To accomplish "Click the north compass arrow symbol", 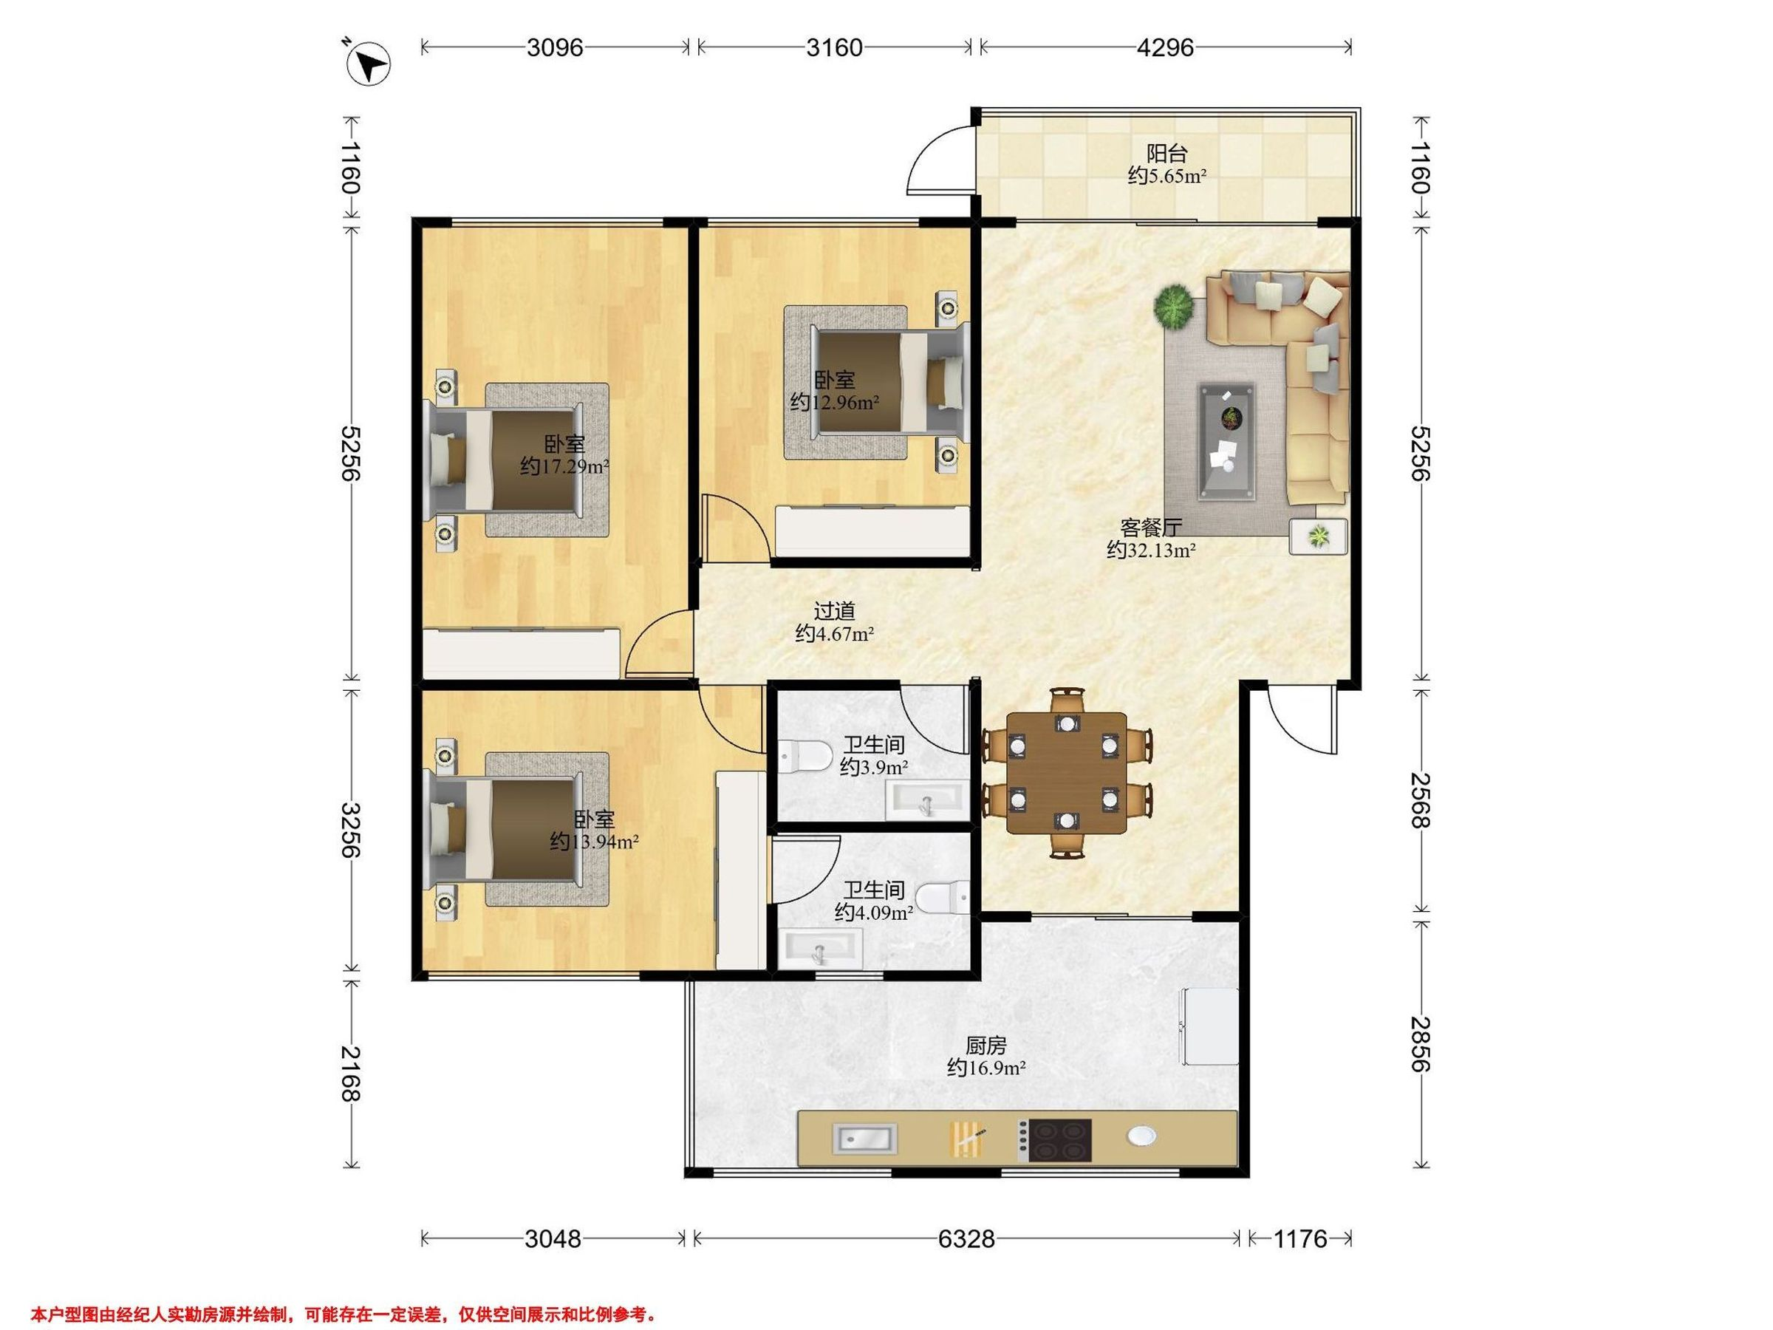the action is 369,62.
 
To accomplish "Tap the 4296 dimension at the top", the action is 1166,47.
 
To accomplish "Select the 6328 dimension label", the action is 966,1239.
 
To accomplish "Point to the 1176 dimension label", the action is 1300,1239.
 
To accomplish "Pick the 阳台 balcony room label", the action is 1166,152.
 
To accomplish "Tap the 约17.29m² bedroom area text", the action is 564,465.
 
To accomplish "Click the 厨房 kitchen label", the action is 986,1046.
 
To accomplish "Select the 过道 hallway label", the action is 834,611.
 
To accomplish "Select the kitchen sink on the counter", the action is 865,1138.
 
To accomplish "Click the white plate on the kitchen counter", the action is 1141,1136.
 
